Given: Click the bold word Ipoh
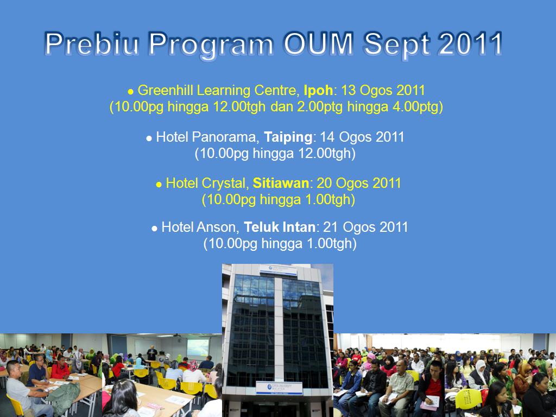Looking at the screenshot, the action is point(318,90).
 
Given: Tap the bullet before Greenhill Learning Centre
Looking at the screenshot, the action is point(130,92).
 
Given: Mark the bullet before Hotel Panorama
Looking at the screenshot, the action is point(149,138).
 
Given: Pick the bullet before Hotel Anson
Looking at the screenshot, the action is point(155,229).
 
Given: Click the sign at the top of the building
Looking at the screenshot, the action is point(277,270).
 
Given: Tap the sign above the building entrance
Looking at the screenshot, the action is point(279,389).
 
